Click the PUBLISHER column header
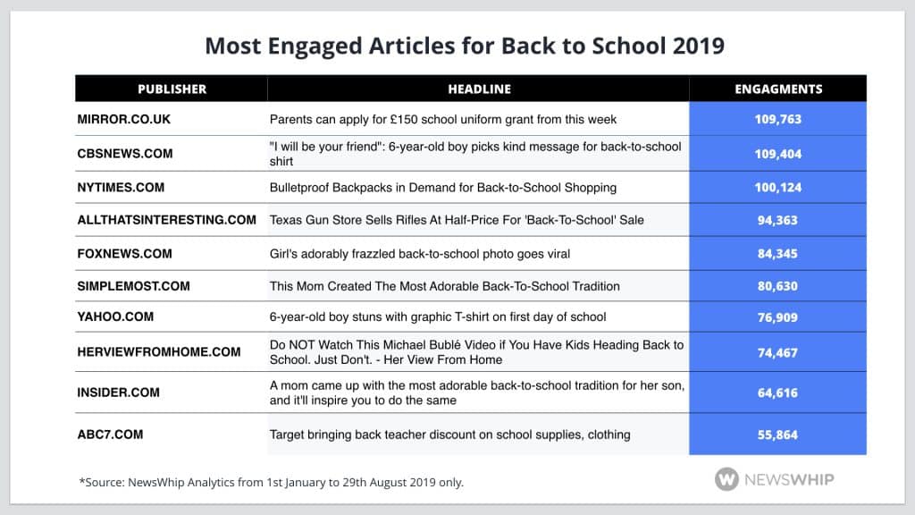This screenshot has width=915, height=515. tap(172, 89)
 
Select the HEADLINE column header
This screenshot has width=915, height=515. tap(479, 89)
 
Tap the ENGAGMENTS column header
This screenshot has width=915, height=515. tap(777, 89)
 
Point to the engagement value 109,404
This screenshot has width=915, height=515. tap(777, 154)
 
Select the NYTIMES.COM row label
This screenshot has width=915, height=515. tap(121, 188)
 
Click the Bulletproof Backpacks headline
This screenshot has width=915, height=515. tap(443, 188)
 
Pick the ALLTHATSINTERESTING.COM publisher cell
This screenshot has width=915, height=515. tap(166, 220)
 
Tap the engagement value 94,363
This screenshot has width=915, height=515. tap(777, 220)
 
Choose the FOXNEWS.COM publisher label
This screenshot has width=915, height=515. tap(124, 254)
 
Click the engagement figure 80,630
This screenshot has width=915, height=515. tap(777, 286)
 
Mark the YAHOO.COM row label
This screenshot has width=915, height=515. tap(115, 317)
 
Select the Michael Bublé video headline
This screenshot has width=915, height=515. tap(476, 352)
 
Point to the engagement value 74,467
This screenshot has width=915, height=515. tap(777, 352)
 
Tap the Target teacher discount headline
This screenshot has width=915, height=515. tap(450, 435)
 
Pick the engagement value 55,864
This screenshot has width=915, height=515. tap(777, 435)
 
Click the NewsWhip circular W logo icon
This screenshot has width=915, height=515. tap(726, 479)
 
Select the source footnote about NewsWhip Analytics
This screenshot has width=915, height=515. tap(272, 482)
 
